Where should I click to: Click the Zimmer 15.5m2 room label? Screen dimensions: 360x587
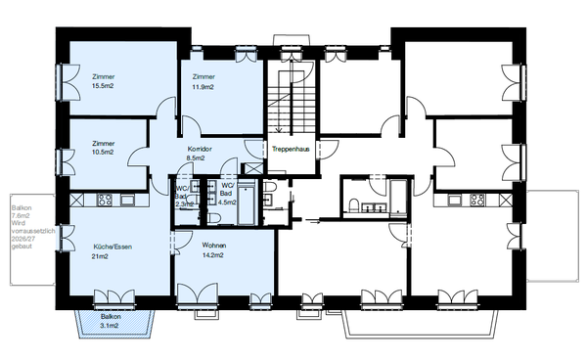(103, 81)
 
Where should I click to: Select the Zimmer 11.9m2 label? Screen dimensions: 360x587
(203, 81)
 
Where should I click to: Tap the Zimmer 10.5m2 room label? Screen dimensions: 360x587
(103, 148)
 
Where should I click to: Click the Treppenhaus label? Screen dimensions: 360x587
(291, 150)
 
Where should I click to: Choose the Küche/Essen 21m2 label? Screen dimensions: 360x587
(113, 251)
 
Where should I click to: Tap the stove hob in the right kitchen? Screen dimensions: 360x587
(477, 200)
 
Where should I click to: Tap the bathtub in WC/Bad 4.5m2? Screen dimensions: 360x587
(247, 202)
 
